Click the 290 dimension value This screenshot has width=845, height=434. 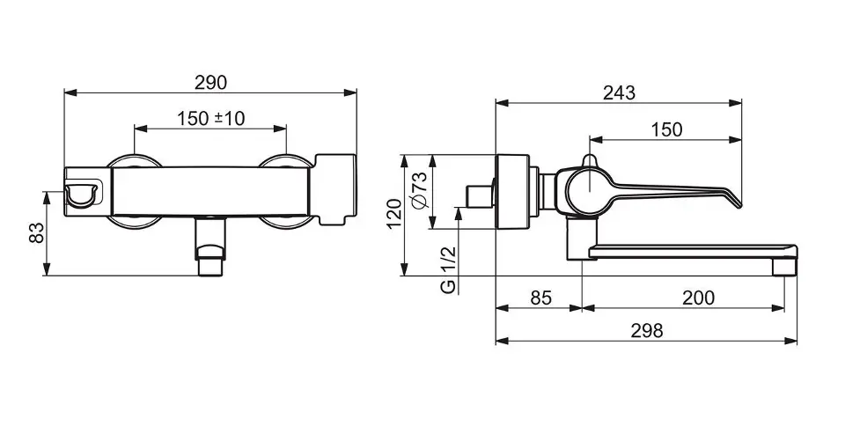pyautogui.click(x=210, y=83)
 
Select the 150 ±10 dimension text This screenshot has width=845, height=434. pyautogui.click(x=210, y=119)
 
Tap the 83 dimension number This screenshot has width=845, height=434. pyautogui.click(x=36, y=233)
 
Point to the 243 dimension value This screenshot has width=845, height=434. pyautogui.click(x=619, y=92)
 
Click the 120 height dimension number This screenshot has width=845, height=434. pyautogui.click(x=394, y=214)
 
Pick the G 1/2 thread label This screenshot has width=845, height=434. pyautogui.click(x=448, y=269)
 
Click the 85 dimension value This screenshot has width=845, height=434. pyautogui.click(x=541, y=298)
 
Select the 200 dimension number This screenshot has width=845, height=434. pyautogui.click(x=698, y=298)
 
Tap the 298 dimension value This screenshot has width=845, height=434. pyautogui.click(x=647, y=330)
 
